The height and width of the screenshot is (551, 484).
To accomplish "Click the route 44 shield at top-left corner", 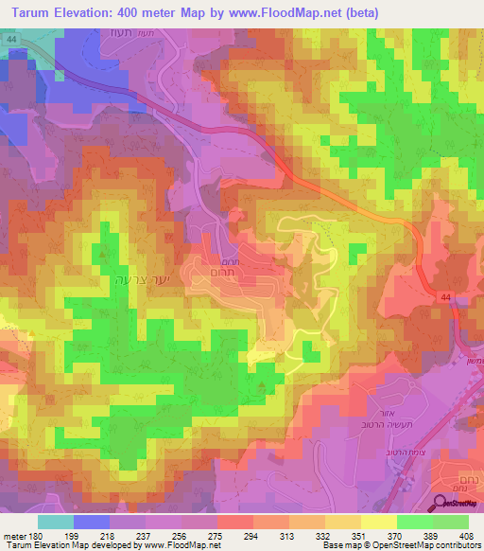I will (9, 37).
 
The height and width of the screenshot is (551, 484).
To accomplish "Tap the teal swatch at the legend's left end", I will (56, 522).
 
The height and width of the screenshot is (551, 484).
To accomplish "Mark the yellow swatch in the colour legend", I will (378, 522).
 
